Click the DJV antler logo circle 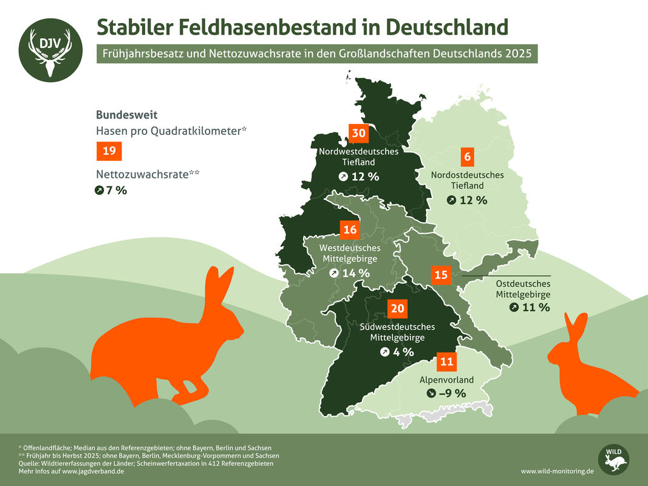tap(50, 51)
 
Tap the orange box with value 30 tap(358, 134)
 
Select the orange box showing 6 tap(467, 156)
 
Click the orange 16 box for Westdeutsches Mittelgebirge tap(350, 230)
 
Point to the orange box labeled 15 tap(442, 275)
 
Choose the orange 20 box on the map tap(397, 309)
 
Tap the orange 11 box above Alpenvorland tap(446, 362)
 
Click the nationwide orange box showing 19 tap(109, 151)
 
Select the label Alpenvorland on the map tap(446, 380)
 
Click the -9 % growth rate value tap(452, 393)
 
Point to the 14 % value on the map tap(356, 273)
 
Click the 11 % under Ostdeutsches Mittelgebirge tap(536, 307)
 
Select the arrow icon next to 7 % tap(100, 191)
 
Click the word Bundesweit tap(127, 114)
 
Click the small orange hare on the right tap(589, 371)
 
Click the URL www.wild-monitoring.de tap(557, 471)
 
